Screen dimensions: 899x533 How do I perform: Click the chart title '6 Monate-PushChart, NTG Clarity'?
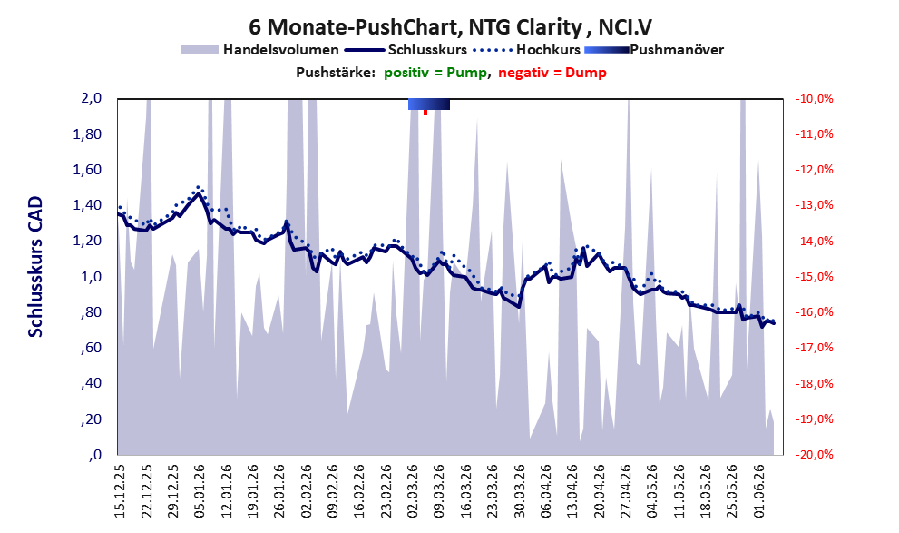[x=415, y=27]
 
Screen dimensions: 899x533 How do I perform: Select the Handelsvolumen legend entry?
[x=259, y=50]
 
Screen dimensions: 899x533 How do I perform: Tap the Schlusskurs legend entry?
[x=406, y=50]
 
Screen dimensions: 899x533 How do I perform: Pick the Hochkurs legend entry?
[x=527, y=50]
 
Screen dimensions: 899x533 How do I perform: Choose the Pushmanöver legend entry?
[x=654, y=50]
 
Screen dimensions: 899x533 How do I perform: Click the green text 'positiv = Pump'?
[x=435, y=73]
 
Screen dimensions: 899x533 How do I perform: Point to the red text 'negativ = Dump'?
[x=552, y=73]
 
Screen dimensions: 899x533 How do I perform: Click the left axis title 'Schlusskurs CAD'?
[x=35, y=267]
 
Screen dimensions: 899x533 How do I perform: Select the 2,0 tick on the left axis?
[x=91, y=98]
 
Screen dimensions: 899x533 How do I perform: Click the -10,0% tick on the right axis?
[x=814, y=99]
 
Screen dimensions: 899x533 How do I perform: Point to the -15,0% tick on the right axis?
[x=814, y=277]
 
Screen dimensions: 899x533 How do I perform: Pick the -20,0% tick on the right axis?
[x=814, y=454]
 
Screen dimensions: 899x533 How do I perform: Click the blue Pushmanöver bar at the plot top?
[x=429, y=104]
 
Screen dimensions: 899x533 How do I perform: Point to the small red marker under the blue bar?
[x=425, y=113]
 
